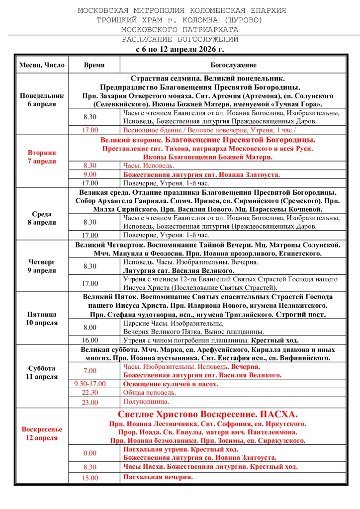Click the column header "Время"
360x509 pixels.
tap(94, 65)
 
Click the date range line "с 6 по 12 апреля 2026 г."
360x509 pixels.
tap(180, 49)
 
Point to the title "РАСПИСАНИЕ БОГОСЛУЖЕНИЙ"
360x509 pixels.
tap(180, 39)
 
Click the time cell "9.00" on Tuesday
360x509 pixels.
tap(90, 175)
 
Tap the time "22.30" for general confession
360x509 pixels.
tap(90, 393)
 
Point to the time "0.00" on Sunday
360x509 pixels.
tap(90, 453)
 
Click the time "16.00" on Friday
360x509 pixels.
tap(90, 340)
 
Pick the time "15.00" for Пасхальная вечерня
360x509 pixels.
tap(90, 478)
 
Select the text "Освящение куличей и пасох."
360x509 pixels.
tap(170, 384)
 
